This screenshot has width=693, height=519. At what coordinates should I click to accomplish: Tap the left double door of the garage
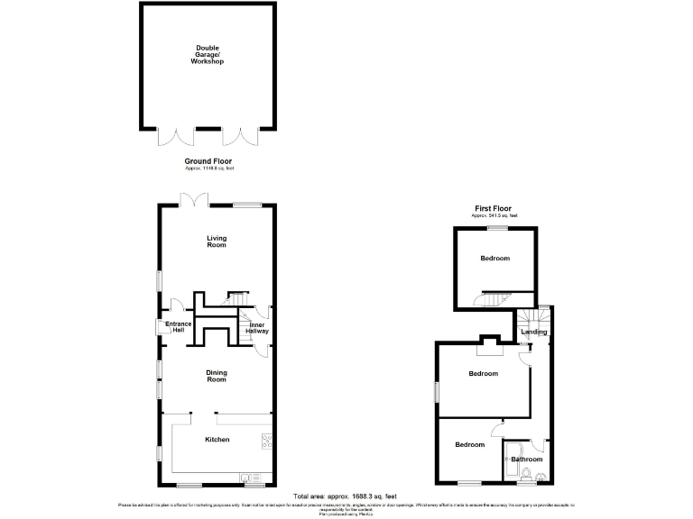[175, 136]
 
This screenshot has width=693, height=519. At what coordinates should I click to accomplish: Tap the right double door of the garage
[241, 136]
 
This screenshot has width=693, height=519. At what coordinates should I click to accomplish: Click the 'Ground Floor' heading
[208, 161]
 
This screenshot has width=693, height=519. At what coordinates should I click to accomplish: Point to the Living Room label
[217, 241]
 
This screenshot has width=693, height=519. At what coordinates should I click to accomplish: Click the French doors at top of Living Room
[193, 199]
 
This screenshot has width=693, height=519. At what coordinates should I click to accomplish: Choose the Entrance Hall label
[179, 328]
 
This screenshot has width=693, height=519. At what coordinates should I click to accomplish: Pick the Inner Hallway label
[257, 328]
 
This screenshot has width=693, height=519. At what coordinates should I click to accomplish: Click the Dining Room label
[217, 377]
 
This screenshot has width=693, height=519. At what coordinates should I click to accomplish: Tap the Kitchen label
[217, 440]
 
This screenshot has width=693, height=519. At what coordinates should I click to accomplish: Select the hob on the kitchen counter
[268, 441]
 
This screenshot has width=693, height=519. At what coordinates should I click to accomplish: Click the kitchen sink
[250, 477]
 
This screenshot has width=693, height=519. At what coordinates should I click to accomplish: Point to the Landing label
[534, 332]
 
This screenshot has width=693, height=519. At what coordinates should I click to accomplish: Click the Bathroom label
[527, 460]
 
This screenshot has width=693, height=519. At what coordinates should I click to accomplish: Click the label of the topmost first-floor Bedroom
[494, 259]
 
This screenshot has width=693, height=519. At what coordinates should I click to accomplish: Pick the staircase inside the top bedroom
[495, 299]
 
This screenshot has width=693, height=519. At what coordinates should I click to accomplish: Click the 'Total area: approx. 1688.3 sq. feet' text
[346, 496]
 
